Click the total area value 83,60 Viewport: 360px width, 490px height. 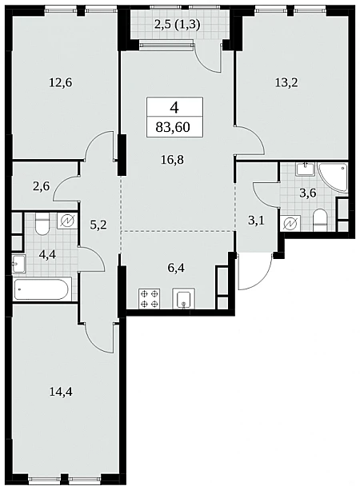point(173,127)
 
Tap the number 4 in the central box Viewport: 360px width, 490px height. point(174,108)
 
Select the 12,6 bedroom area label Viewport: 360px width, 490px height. point(61,83)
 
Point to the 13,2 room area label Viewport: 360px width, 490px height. point(286,83)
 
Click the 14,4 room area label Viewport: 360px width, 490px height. point(61,391)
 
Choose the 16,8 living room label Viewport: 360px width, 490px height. point(172,160)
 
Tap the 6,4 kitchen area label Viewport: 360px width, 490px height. point(176,268)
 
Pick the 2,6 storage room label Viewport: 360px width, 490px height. point(41,187)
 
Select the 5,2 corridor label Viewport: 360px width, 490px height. point(98,225)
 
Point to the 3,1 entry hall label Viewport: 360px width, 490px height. point(256,221)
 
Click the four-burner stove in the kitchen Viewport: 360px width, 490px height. point(150,299)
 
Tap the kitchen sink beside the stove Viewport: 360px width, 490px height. point(183,299)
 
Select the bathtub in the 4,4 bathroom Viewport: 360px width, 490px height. point(42,289)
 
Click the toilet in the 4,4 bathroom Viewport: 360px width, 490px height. point(42,224)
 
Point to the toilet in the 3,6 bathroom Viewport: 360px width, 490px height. point(320,220)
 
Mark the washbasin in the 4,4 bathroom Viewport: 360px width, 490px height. point(18,264)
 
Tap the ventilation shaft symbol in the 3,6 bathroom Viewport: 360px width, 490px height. point(290,223)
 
